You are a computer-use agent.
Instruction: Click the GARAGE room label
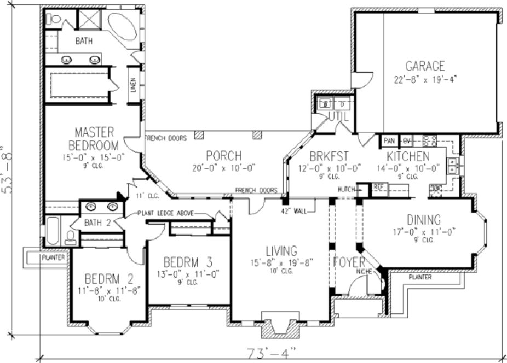click(x=425, y=66)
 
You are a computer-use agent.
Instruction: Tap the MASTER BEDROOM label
click(x=94, y=139)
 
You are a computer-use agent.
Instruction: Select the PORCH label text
click(x=224, y=156)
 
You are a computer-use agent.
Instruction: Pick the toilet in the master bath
click(x=55, y=19)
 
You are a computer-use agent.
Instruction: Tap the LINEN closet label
click(x=133, y=85)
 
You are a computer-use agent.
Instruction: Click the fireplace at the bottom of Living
click(x=280, y=326)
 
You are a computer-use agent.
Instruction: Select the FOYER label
click(x=349, y=263)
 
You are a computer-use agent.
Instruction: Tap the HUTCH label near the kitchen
click(x=345, y=189)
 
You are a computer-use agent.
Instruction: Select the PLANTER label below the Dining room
click(x=419, y=278)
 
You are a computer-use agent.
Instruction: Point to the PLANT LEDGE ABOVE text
click(x=165, y=214)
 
